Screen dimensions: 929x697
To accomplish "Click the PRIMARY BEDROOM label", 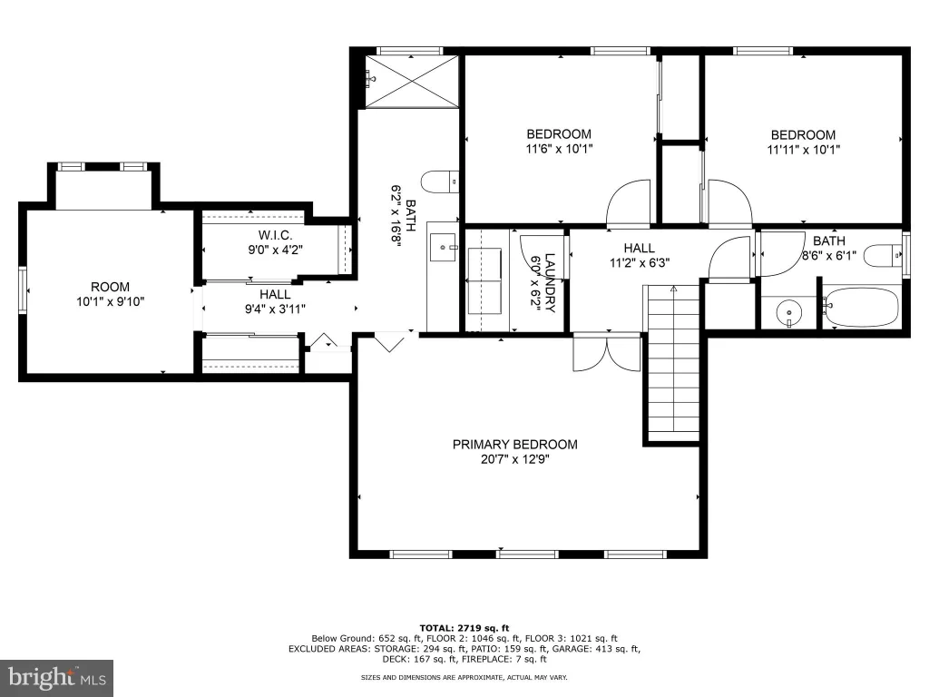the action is pos(515,444).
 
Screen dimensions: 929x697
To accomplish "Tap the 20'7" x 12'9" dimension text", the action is pos(515,459).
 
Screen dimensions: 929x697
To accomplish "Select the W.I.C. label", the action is pos(275,235).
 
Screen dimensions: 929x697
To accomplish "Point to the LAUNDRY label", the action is pos(550,283).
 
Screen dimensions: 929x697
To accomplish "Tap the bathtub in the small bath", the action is pos(862,307).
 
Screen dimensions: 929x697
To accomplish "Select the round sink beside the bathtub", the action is pos(788,312).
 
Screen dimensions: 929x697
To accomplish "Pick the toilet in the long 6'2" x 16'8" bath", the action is pos(440,182).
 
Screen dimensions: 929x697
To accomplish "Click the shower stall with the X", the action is pos(412,82).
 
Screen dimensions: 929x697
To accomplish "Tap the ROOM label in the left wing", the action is pos(110,287).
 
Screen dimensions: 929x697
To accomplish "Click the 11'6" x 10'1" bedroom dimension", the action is pos(559,149).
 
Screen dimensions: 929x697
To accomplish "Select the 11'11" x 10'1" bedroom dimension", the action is pos(804,150).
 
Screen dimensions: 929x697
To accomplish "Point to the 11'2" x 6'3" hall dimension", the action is pos(640,262).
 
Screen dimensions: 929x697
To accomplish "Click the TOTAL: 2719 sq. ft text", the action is pos(464,628).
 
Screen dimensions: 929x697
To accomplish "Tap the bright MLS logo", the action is pos(56,677).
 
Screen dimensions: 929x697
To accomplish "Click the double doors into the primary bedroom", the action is pos(607,353).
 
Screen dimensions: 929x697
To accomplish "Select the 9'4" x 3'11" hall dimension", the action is pos(275,309).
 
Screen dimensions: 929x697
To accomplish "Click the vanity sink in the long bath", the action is pos(443,247).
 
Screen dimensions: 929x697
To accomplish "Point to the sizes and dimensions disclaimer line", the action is pos(464,677).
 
